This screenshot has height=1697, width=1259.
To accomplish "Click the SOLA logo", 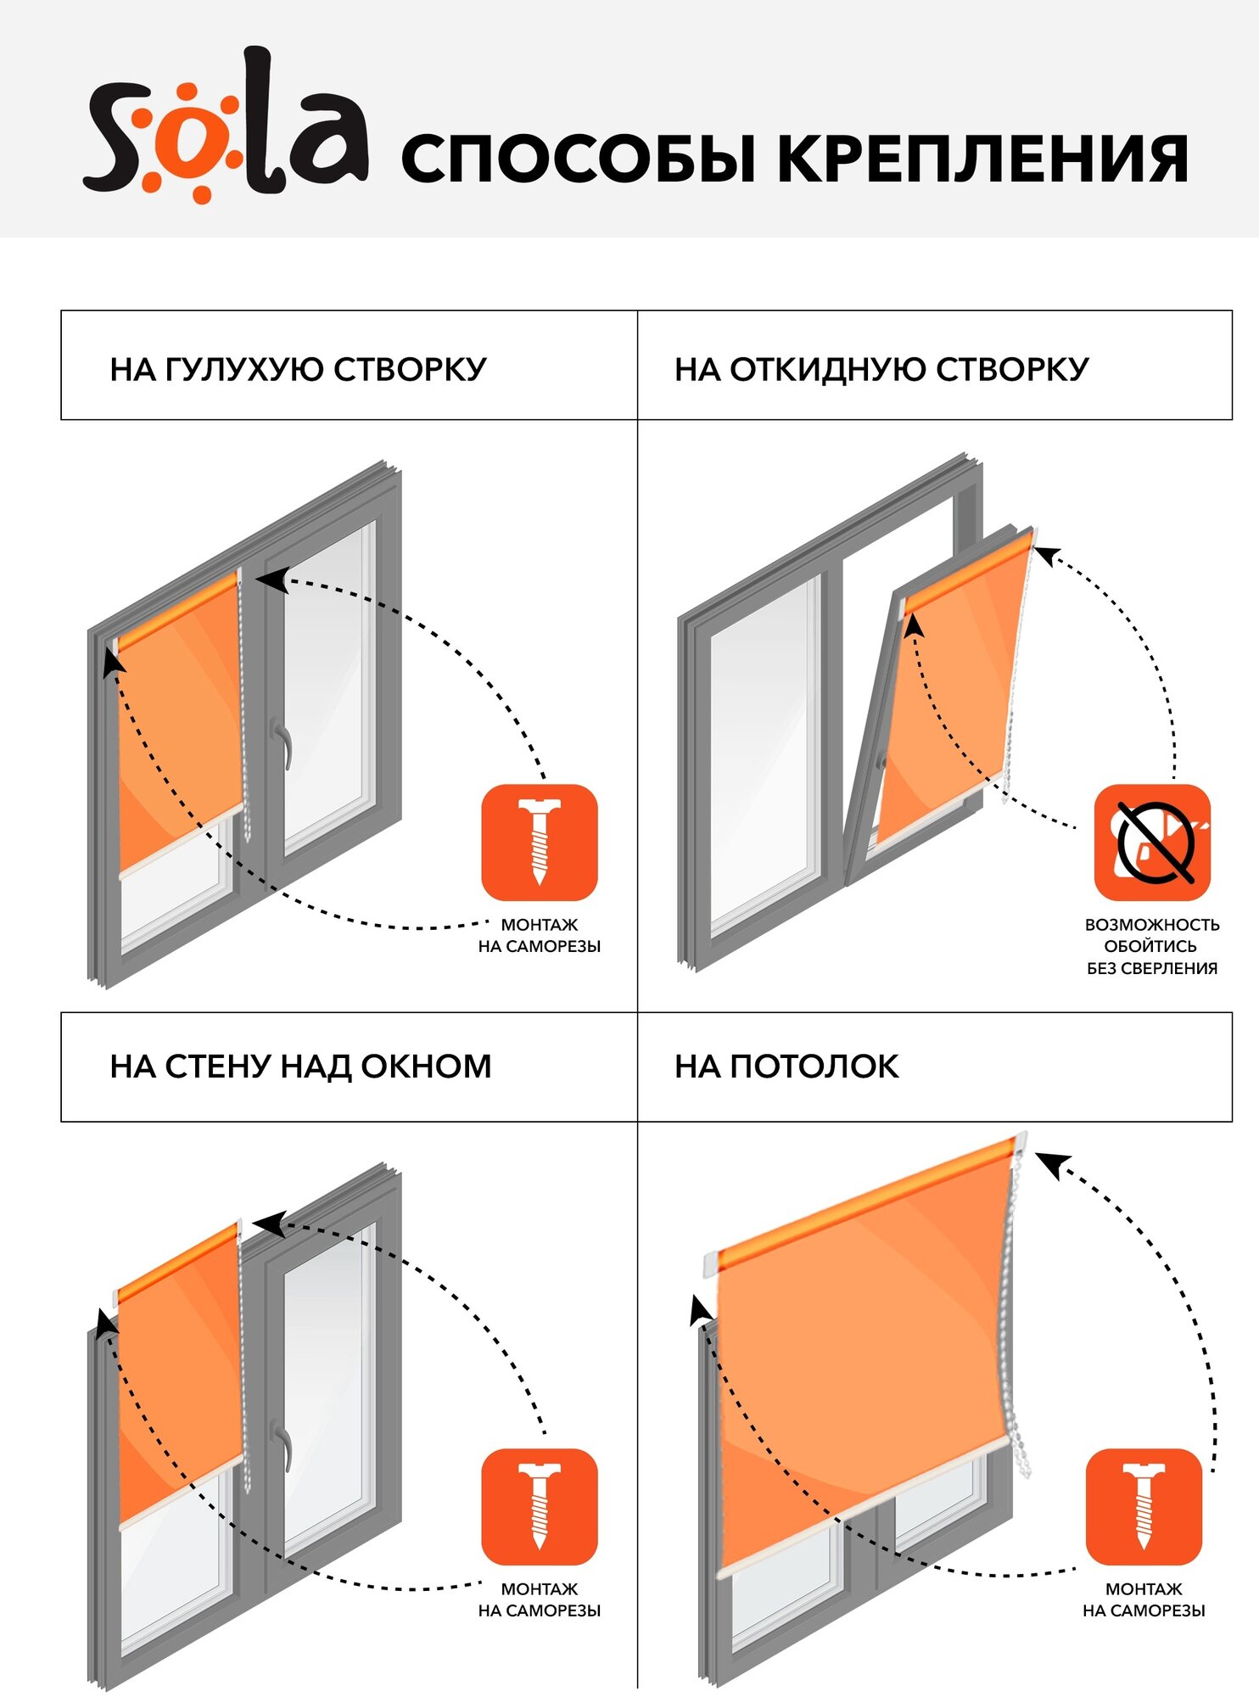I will tap(225, 127).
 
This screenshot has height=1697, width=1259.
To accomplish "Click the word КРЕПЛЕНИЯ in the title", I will tap(982, 159).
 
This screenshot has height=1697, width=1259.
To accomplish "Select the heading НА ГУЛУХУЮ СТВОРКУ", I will tap(298, 369).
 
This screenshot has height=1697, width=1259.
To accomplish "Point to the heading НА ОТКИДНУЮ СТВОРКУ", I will tap(881, 369).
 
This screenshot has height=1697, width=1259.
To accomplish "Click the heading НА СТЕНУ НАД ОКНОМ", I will tap(300, 1067).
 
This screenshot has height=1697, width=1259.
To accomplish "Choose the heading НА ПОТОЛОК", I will tap(786, 1067).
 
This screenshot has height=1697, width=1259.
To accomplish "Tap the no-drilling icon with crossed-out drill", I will tap(1151, 842).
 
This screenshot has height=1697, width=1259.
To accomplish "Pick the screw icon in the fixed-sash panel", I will tap(540, 842).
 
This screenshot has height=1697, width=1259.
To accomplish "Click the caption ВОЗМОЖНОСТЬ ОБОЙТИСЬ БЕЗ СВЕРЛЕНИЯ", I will tap(1151, 946).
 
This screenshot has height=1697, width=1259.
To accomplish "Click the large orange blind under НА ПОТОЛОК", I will tap(857, 1358).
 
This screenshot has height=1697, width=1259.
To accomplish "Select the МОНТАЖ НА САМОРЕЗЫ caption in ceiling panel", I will tap(1144, 1599).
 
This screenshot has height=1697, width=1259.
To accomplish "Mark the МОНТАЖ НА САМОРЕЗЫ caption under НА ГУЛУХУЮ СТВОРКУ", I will tap(540, 935).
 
